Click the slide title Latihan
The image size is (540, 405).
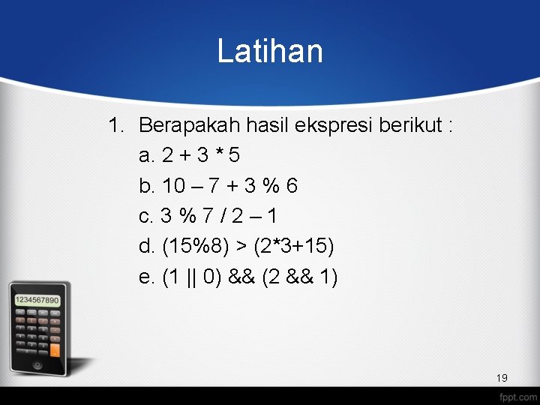point(270,52)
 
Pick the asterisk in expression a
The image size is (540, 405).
point(218,155)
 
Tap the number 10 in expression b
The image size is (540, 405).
point(175,185)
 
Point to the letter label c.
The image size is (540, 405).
point(147,216)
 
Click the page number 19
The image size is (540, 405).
point(502,377)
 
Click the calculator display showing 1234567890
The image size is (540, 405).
point(37,300)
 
